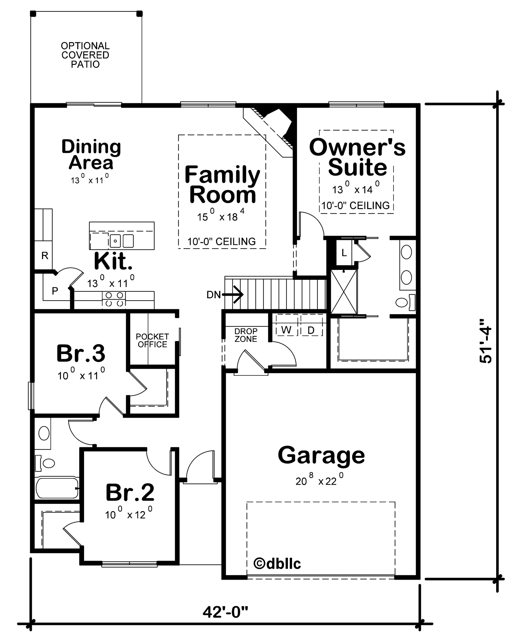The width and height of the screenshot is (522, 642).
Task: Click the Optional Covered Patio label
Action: coord(85,55)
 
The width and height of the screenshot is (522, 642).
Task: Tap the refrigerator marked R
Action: coord(45,255)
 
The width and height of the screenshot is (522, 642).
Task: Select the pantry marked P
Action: coord(55,290)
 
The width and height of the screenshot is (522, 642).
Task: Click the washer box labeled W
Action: coord(286,330)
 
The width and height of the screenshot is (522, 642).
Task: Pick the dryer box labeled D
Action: coord(311,330)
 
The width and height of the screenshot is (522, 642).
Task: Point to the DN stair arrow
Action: coord(233,295)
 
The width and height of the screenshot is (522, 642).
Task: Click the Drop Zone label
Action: coord(246,335)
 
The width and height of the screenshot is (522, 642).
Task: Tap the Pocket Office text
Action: coord(152,340)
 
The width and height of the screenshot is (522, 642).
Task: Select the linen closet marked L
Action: coord(344,253)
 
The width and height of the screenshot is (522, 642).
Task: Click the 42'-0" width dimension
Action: coord(225,612)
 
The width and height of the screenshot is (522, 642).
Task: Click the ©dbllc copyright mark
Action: coord(277,564)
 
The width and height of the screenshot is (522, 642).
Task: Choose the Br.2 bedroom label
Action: coord(130,493)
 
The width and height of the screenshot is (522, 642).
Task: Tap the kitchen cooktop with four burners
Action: coord(114,299)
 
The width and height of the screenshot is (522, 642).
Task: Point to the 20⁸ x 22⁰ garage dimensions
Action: coord(319,481)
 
